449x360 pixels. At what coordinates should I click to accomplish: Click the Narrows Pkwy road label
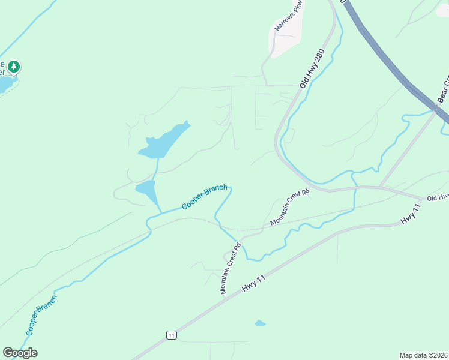pyautogui.click(x=289, y=16)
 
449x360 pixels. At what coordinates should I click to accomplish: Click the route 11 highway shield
pyautogui.click(x=172, y=335)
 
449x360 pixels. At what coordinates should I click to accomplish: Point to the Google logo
pyautogui.click(x=20, y=353)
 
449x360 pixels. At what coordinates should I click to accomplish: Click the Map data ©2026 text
pyautogui.click(x=424, y=355)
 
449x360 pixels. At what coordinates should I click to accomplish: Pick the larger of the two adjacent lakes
pyautogui.click(x=163, y=142)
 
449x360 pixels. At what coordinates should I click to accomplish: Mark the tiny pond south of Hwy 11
pyautogui.click(x=260, y=323)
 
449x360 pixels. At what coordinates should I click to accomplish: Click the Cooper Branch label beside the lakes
pyautogui.click(x=205, y=197)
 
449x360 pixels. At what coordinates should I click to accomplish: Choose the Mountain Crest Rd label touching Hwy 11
pyautogui.click(x=231, y=268)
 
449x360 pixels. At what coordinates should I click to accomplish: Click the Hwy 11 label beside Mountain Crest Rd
pyautogui.click(x=255, y=281)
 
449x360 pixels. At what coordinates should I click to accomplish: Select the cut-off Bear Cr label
pyautogui.click(x=443, y=88)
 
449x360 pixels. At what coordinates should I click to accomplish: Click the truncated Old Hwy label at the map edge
pyautogui.click(x=438, y=197)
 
